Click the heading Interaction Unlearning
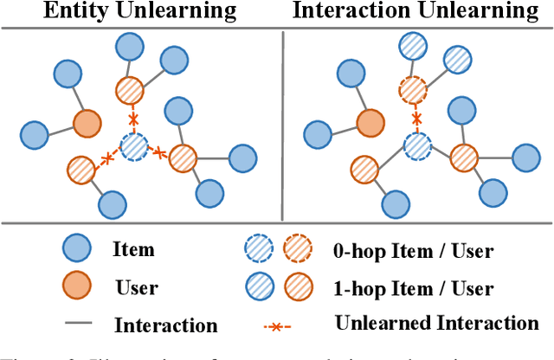click(415, 13)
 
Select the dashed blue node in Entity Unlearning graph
click(134, 147)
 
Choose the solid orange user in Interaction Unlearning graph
click(370, 123)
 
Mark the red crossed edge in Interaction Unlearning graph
click(417, 118)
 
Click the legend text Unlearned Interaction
click(436, 324)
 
